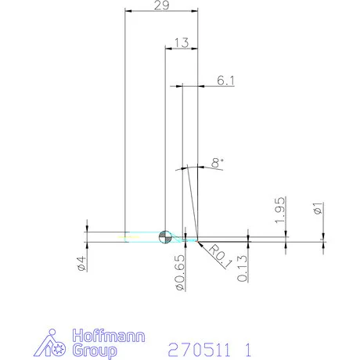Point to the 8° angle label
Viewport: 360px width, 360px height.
(218, 162)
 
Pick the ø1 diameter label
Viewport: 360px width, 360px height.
(316, 209)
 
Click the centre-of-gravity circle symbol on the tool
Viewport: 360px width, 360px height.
(165, 237)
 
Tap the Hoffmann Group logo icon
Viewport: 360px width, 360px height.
(54, 342)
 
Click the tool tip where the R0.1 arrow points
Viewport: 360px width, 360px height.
(198, 240)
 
